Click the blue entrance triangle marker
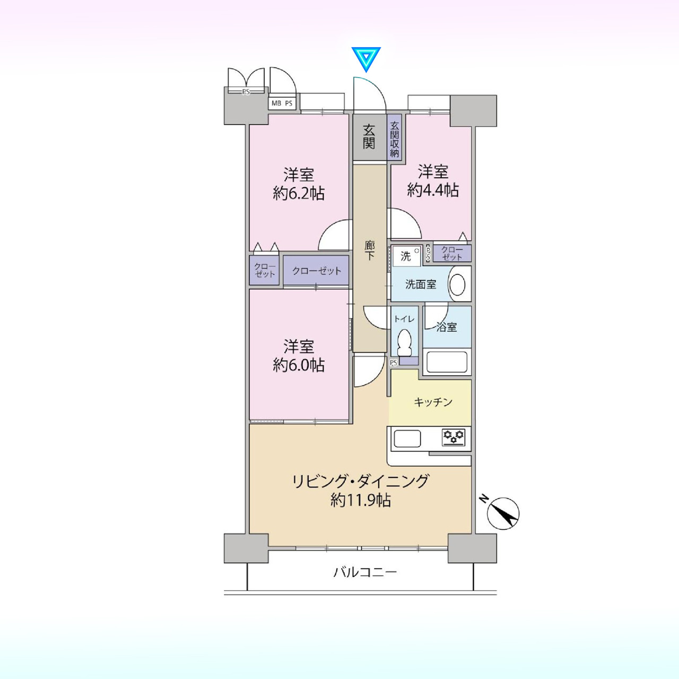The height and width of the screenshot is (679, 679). click(366, 58)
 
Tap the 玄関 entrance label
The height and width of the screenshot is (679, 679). click(369, 137)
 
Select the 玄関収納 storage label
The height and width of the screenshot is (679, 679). click(395, 139)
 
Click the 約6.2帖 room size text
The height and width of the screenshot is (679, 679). click(299, 194)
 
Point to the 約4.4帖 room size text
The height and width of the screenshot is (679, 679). click(433, 190)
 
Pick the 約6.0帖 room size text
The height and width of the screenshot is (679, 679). click(299, 365)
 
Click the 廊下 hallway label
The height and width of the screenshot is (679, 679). click(370, 250)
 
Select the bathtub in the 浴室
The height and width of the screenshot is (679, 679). click(447, 362)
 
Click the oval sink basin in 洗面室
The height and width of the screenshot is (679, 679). click(457, 284)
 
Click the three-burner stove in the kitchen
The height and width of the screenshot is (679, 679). click(454, 437)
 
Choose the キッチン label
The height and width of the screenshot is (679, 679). click(433, 402)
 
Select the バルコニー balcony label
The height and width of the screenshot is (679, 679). click(365, 572)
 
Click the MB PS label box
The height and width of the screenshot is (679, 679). click(282, 103)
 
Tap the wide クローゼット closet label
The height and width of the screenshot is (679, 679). click(317, 271)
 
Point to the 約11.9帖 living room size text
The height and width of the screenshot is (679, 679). click(361, 500)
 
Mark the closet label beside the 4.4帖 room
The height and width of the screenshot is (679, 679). click(452, 254)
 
